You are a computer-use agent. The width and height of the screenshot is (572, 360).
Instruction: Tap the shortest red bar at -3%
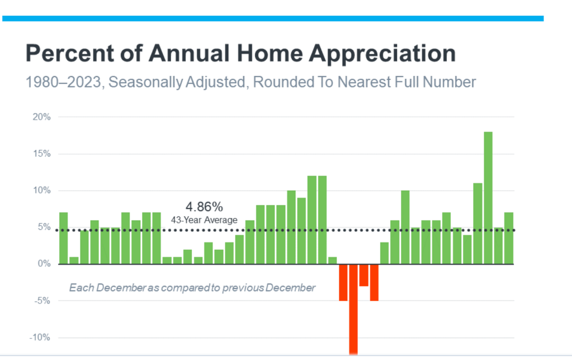coord(364,275)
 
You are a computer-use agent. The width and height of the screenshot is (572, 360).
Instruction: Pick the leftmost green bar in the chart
coord(63,238)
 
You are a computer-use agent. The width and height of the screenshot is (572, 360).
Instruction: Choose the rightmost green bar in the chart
coord(509,238)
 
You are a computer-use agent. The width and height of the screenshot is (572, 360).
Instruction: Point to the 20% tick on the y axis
coord(42,117)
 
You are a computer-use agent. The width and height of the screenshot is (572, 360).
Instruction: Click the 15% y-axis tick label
coord(42,154)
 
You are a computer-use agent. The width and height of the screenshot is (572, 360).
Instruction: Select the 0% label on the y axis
coord(45,264)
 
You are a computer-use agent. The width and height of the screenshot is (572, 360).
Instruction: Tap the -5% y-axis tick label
coord(43,301)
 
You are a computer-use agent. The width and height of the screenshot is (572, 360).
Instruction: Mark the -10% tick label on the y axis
coord(41,338)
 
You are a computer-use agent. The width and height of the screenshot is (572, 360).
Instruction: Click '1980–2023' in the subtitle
coord(63,83)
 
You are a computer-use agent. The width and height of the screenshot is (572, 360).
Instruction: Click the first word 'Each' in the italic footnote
coord(79,288)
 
